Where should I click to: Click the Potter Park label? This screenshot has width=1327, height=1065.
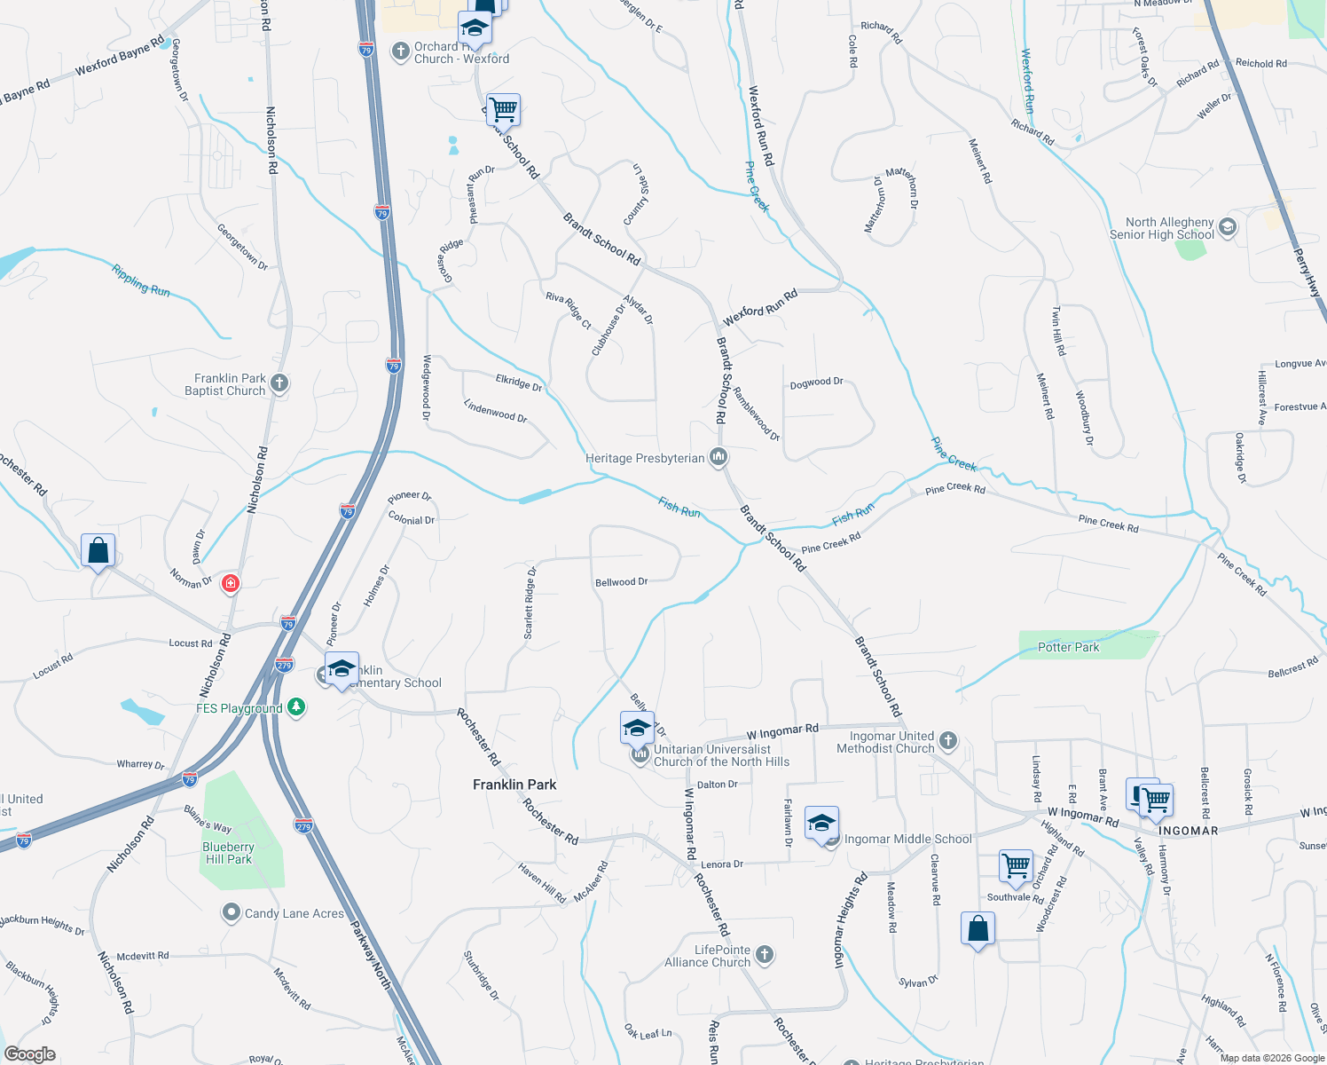tap(1068, 647)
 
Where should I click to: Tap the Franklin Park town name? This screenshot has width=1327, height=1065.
tap(514, 785)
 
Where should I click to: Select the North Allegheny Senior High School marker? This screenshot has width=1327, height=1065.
tap(1228, 227)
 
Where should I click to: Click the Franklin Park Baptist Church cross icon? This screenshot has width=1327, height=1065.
tap(279, 383)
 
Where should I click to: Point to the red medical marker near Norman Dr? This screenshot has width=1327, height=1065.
tap(231, 583)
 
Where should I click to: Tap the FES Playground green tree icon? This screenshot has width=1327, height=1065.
tap(297, 707)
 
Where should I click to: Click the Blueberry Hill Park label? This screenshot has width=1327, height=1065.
tap(228, 853)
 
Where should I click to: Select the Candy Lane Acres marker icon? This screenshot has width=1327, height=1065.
tap(231, 912)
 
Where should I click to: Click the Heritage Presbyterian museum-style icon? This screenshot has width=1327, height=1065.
tap(718, 458)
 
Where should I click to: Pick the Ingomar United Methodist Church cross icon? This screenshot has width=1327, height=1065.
tap(948, 741)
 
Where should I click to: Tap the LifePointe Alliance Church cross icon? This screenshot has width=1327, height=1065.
tap(765, 955)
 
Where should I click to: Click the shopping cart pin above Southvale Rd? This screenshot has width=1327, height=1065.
tap(1016, 864)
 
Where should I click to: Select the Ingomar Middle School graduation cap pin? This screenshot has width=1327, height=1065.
tap(821, 824)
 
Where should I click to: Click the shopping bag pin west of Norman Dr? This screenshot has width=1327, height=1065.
tap(98, 550)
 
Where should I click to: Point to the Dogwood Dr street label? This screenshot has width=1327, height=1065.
tap(816, 383)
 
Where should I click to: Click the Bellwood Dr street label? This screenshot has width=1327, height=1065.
tap(621, 582)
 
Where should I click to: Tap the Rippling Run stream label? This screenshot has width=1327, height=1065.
tap(140, 280)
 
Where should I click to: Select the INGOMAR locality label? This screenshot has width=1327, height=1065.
tap(1188, 831)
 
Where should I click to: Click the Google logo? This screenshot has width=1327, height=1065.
tap(30, 1053)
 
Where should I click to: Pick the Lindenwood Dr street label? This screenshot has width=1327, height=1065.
tap(495, 411)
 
